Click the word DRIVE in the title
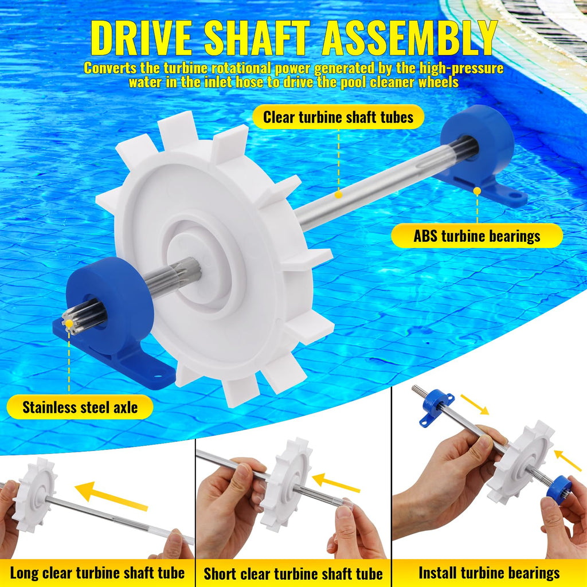(142, 38)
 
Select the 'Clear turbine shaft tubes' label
(338, 117)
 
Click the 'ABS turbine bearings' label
(476, 236)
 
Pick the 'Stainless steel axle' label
(80, 407)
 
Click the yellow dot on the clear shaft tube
(338, 194)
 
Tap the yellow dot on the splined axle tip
(69, 323)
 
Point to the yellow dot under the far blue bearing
(477, 191)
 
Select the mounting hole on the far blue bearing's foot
(515, 195)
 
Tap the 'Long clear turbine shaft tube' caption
(97, 573)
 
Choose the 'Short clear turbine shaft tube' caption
(293, 573)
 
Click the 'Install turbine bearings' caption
(489, 573)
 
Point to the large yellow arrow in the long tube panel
(112, 496)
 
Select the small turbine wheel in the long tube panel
(34, 495)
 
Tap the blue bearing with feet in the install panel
(436, 408)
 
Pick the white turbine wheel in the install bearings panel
(521, 463)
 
